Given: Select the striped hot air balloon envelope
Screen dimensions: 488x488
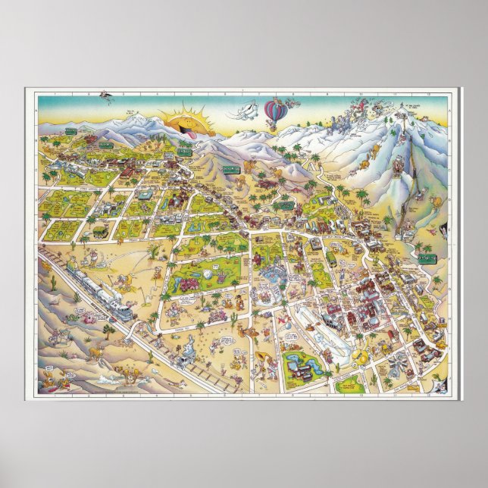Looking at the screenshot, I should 274,111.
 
